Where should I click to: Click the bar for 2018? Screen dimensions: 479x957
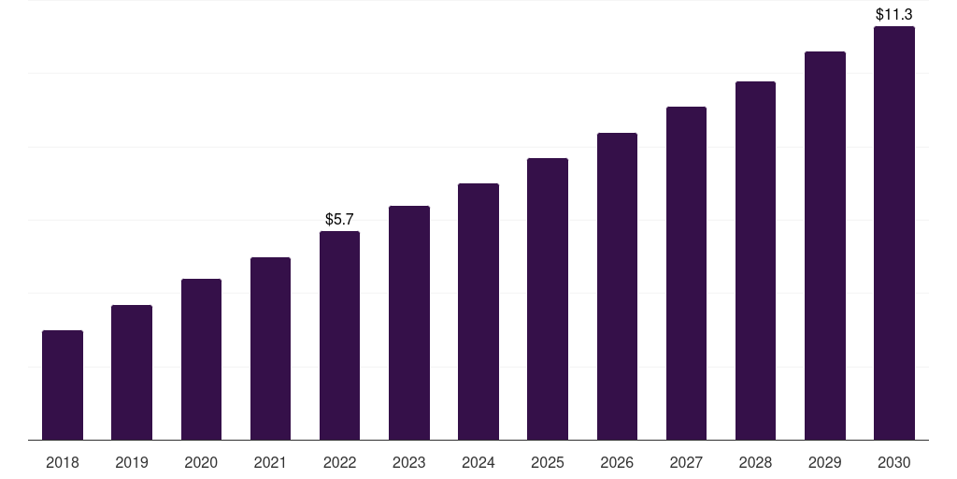pos(63,385)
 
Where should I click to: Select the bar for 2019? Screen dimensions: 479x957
pos(132,372)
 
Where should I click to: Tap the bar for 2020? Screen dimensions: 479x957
pos(201,359)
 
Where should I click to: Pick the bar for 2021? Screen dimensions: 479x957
pos(270,348)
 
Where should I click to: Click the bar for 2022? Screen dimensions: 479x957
pos(339,335)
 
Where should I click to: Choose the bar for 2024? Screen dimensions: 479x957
pos(478,312)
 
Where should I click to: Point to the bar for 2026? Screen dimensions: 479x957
pos(617,286)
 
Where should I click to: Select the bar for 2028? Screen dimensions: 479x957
pos(755,260)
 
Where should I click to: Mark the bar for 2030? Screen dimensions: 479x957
pos(894,233)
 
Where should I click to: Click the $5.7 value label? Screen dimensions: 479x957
pos(339,220)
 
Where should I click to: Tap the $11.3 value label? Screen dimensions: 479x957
pos(894,15)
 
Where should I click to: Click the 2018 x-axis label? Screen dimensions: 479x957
pos(63,462)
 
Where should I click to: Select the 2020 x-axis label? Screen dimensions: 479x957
pos(201,462)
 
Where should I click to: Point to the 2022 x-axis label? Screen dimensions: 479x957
pos(339,462)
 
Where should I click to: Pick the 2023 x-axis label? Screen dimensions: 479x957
pos(409,462)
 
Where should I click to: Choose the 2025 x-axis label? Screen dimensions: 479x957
pos(548,462)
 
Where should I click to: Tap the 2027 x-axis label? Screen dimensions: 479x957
pos(686,462)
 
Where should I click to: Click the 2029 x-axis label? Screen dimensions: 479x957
pos(825,462)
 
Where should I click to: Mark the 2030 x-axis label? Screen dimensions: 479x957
pos(894,462)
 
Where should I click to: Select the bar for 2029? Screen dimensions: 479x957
pos(825,245)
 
